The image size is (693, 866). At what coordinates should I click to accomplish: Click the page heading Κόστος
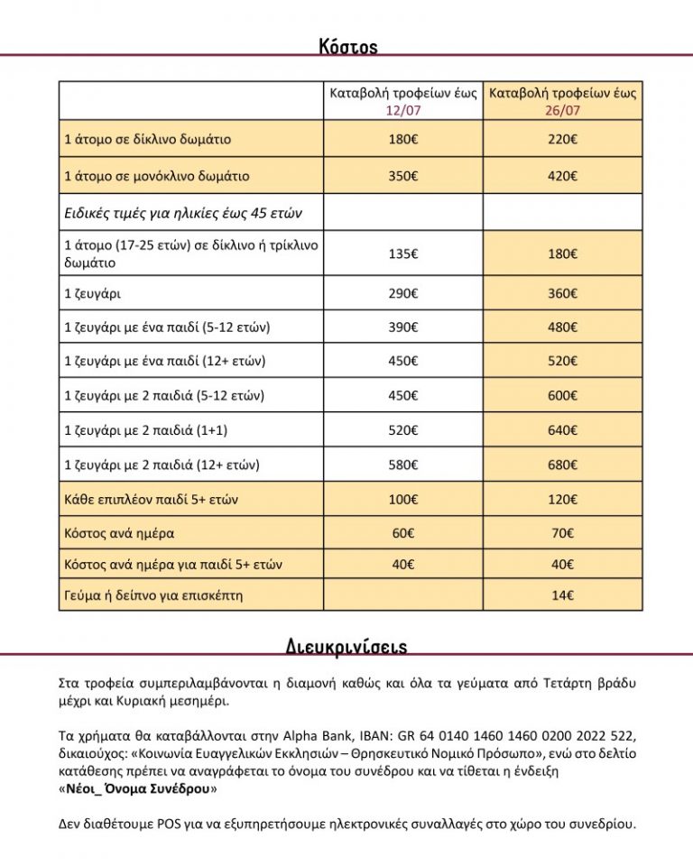click(x=347, y=46)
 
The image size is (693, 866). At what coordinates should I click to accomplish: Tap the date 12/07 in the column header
click(x=402, y=110)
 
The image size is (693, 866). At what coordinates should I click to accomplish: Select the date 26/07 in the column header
click(x=563, y=110)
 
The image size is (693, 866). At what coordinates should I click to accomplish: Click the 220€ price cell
click(x=563, y=140)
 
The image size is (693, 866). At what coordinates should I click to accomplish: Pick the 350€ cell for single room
click(x=402, y=176)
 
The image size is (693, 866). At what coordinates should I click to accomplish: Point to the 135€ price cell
click(x=402, y=254)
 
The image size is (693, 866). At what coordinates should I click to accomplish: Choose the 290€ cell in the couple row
click(x=402, y=293)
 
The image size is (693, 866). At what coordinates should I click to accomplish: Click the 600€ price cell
click(x=563, y=395)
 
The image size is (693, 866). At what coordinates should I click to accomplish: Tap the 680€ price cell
click(x=563, y=465)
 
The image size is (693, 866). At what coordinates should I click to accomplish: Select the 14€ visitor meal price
click(x=563, y=595)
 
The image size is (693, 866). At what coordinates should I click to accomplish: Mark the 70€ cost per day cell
click(x=563, y=533)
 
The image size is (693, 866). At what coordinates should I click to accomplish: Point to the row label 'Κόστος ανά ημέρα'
click(x=119, y=533)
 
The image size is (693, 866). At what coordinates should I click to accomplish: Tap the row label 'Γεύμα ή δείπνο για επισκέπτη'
click(x=154, y=595)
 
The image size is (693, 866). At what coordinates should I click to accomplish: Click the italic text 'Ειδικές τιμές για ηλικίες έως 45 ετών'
click(x=182, y=214)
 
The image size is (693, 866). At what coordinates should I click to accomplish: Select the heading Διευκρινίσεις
click(x=346, y=646)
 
